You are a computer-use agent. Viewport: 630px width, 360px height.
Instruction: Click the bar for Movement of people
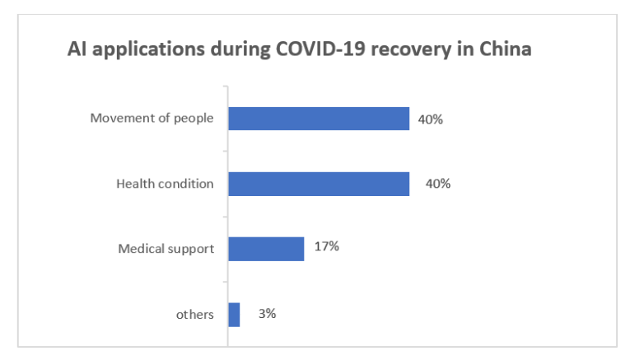(x=319, y=119)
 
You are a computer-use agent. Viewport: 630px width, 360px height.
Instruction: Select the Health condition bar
(x=319, y=184)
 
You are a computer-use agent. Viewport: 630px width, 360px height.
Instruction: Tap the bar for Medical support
(x=266, y=249)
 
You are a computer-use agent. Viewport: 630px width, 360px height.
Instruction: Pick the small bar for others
(x=234, y=314)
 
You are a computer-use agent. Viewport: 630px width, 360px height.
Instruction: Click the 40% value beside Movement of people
(x=430, y=119)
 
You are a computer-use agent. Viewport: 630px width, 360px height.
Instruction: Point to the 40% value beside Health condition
(x=437, y=184)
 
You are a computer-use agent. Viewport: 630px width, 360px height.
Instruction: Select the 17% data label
(x=326, y=246)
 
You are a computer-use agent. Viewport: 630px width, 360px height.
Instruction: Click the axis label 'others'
(x=195, y=315)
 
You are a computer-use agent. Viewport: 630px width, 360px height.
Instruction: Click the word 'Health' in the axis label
(x=135, y=184)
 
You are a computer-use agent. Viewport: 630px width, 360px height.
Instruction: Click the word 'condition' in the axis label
(x=186, y=184)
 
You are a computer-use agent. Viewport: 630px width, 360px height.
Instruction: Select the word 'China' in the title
(x=506, y=49)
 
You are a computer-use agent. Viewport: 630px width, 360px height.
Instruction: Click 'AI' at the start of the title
(x=77, y=49)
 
